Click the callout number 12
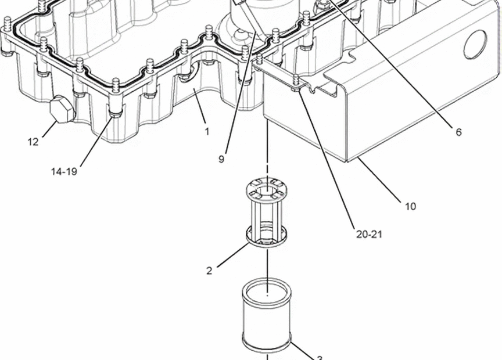pyautogui.click(x=33, y=142)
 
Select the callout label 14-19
pyautogui.click(x=64, y=171)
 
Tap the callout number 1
pyautogui.click(x=207, y=132)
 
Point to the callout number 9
pyautogui.click(x=221, y=159)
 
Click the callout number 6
pyautogui.click(x=459, y=132)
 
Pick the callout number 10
pyautogui.click(x=410, y=206)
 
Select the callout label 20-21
pyautogui.click(x=369, y=234)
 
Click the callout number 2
pyautogui.click(x=209, y=271)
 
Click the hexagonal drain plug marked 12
pyautogui.click(x=62, y=109)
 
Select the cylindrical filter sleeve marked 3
pyautogui.click(x=267, y=315)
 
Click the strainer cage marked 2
pyautogui.click(x=266, y=214)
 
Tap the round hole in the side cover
pyautogui.click(x=475, y=45)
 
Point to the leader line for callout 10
pyautogui.click(x=379, y=179)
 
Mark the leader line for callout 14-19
pyautogui.click(x=96, y=142)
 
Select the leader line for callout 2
pyautogui.click(x=234, y=255)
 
